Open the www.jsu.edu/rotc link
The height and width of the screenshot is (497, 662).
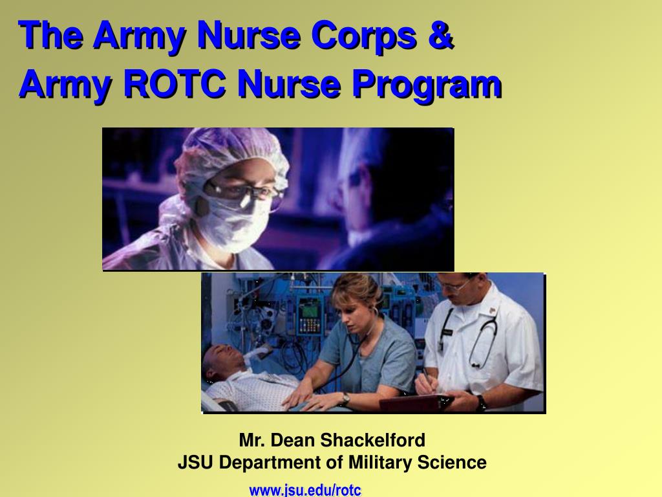pyautogui.click(x=305, y=490)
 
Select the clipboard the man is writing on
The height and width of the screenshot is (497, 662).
pyautogui.click(x=414, y=402)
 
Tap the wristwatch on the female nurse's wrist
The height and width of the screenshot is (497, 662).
pyautogui.click(x=346, y=399)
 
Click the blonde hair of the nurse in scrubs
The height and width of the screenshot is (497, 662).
pyautogui.click(x=352, y=289)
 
